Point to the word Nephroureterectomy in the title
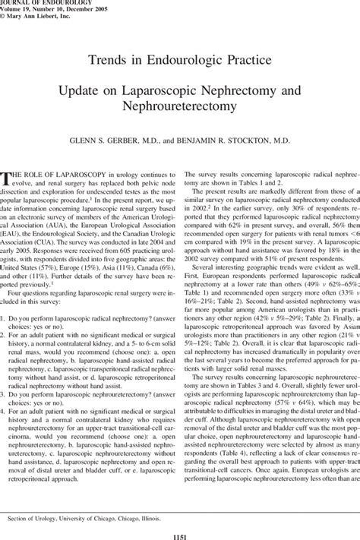tap(180, 106)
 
